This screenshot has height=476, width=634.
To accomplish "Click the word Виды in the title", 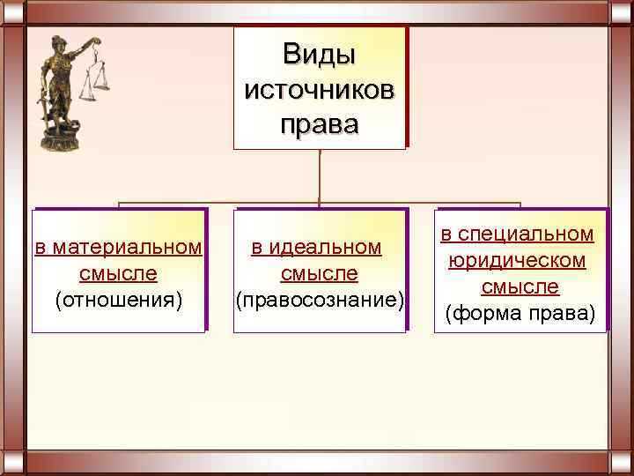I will point(319,55).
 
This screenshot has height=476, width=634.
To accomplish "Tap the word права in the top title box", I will point(319,123).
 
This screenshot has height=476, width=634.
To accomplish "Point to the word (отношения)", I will point(119,301).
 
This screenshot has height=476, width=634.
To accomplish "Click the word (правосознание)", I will point(320,301).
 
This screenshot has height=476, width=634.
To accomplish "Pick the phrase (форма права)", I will point(520,313).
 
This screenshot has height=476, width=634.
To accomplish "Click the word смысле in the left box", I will point(118,274).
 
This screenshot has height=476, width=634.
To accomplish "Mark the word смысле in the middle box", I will point(319,274).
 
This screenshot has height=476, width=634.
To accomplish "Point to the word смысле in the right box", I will point(520,286).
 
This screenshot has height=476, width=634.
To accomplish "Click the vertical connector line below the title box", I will point(320,176).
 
